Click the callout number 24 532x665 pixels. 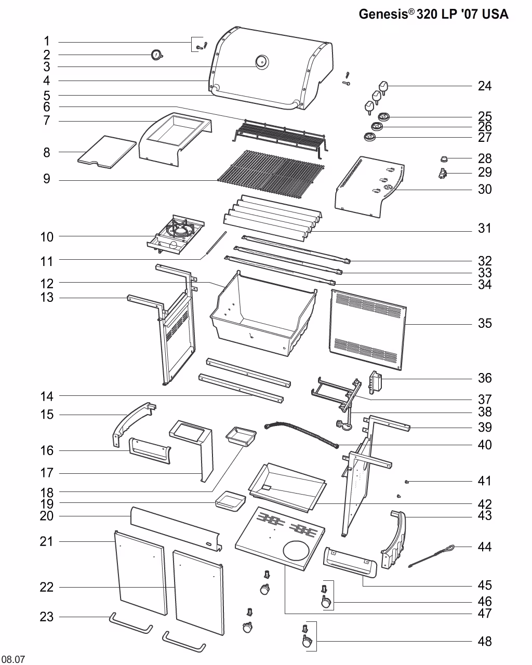click(x=484, y=86)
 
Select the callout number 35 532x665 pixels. click(x=484, y=323)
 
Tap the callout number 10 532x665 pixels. click(x=47, y=237)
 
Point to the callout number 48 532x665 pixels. click(x=484, y=642)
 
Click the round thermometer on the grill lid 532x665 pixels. click(x=261, y=62)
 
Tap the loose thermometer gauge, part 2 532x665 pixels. click(x=156, y=55)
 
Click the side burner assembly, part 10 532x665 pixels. click(x=176, y=236)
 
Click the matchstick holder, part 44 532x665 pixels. click(x=431, y=555)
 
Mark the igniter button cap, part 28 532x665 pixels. click(x=445, y=158)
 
